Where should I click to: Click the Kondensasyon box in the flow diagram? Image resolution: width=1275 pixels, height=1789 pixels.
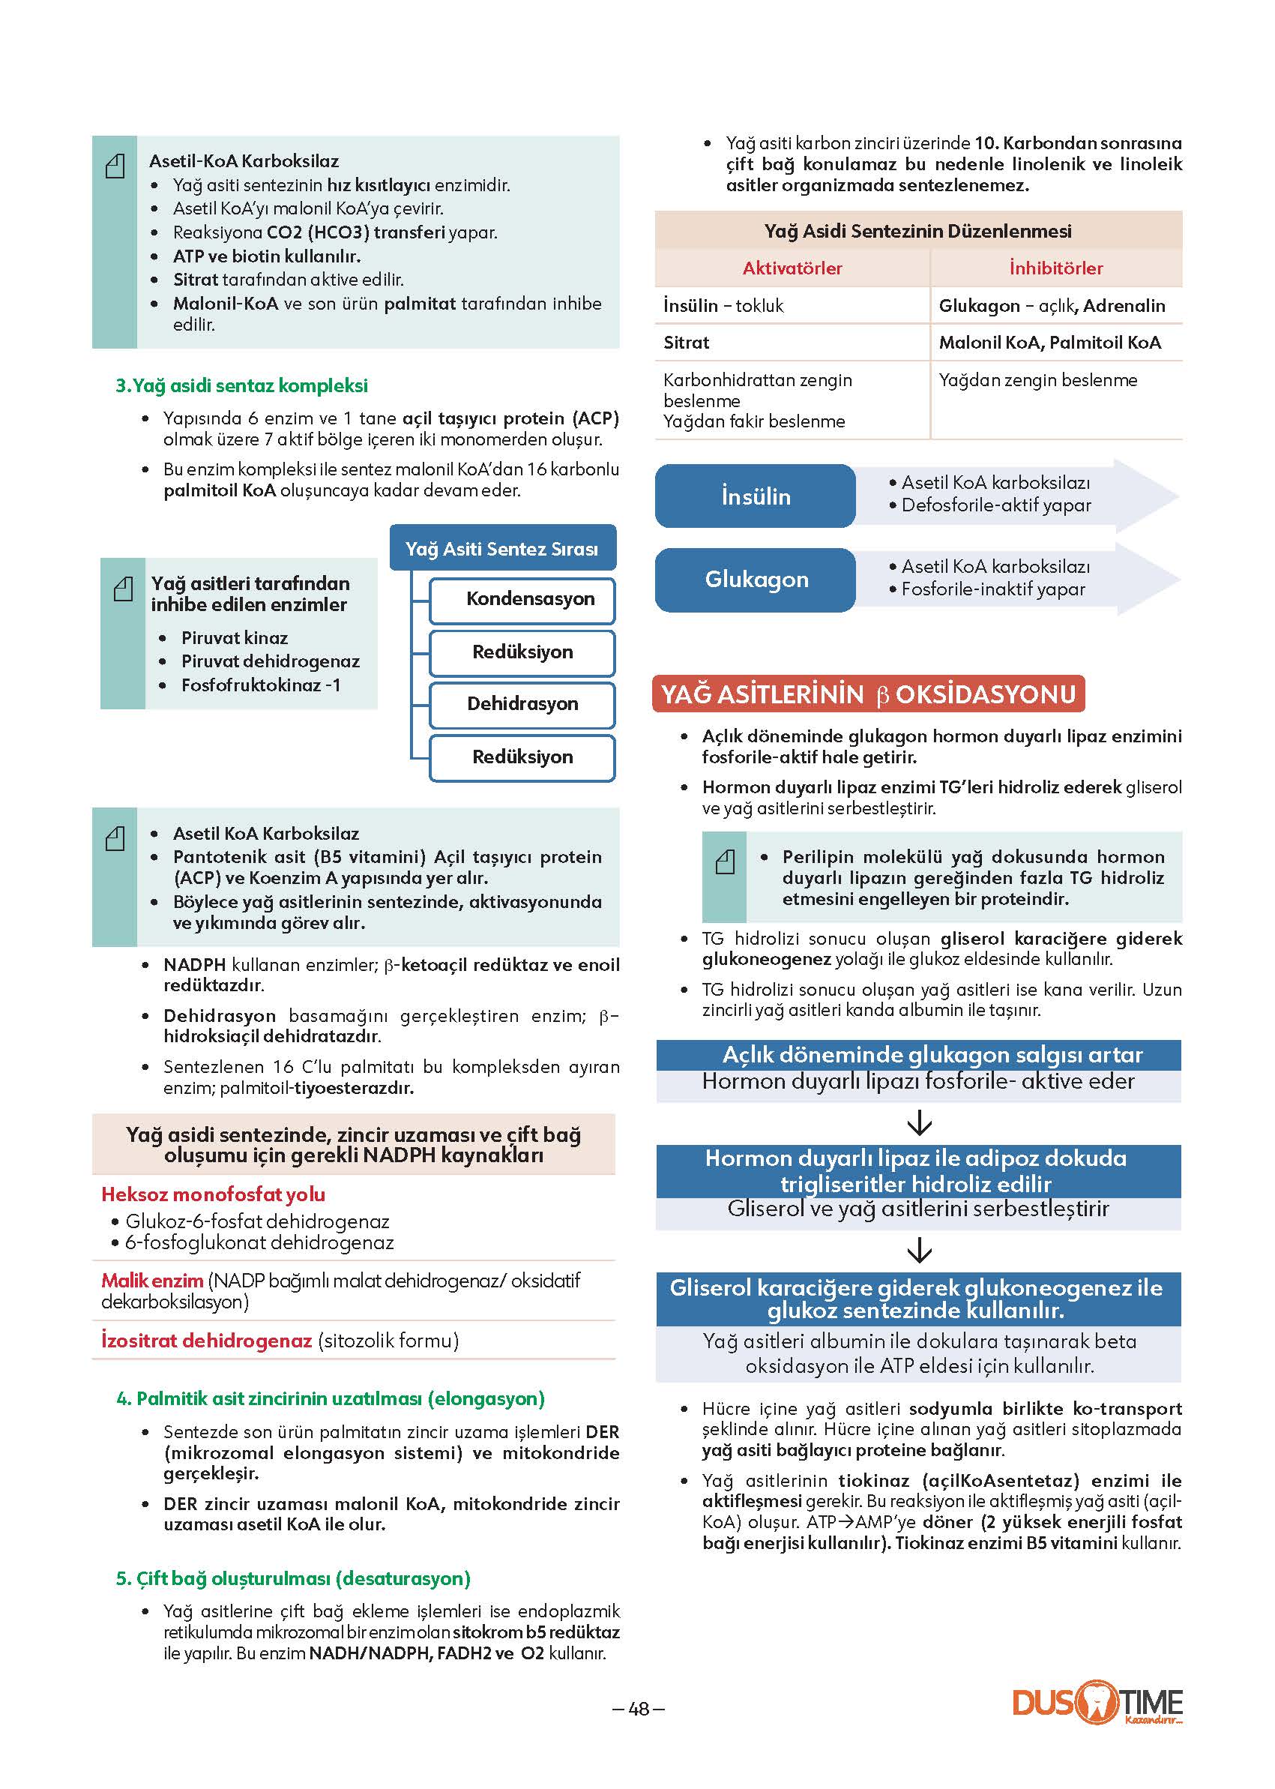[x=522, y=600]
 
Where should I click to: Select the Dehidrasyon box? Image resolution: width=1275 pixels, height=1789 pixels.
[x=522, y=705]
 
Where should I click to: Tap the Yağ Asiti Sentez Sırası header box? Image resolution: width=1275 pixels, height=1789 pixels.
[x=502, y=548]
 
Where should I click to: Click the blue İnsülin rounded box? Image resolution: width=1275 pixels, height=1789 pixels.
[x=756, y=496]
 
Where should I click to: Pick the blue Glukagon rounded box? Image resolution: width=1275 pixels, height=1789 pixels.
[x=756, y=580]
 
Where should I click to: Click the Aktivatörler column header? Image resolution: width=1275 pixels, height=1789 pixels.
[x=792, y=268]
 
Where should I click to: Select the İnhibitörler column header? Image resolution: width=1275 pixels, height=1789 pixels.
[x=1056, y=268]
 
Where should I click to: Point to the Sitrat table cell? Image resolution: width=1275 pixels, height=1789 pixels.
[x=686, y=343]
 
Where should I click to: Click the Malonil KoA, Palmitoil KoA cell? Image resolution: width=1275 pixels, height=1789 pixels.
[x=1049, y=343]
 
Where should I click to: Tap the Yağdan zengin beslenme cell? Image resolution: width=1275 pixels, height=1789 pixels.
[x=1038, y=380]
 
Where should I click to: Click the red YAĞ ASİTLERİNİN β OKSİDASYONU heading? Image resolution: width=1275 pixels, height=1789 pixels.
[x=868, y=694]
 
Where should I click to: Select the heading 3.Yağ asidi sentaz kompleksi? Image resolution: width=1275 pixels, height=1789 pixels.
[x=242, y=385]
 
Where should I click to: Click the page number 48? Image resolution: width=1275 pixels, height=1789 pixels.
[x=639, y=1709]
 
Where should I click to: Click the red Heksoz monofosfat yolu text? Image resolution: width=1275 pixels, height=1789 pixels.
[x=213, y=1194]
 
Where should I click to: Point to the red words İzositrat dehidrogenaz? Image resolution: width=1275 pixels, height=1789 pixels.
[x=206, y=1341]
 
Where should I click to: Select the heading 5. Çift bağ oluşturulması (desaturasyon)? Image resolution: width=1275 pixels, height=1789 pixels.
[x=293, y=1578]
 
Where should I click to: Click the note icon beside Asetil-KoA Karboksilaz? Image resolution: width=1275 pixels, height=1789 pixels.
[x=115, y=166]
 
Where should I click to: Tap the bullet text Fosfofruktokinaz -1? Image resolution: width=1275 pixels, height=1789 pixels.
[x=261, y=685]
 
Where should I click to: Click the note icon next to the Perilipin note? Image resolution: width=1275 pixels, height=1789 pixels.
[x=725, y=862]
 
